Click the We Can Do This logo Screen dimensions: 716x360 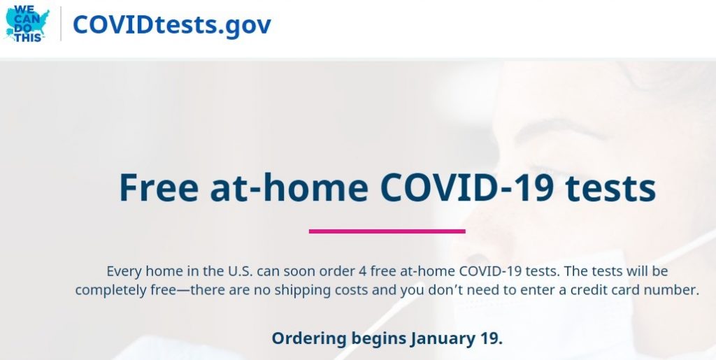pyautogui.click(x=27, y=24)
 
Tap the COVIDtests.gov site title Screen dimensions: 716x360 pyautogui.click(x=172, y=24)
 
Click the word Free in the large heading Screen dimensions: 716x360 pyautogui.click(x=159, y=187)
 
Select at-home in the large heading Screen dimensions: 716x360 pyautogui.click(x=289, y=187)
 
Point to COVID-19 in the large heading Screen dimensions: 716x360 pyautogui.click(x=467, y=187)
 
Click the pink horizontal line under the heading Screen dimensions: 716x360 pyautogui.click(x=387, y=231)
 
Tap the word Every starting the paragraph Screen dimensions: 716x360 pyautogui.click(x=124, y=271)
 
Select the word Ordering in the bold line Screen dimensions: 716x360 pyautogui.click(x=309, y=339)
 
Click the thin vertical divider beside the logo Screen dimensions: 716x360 pyautogui.click(x=61, y=24)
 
